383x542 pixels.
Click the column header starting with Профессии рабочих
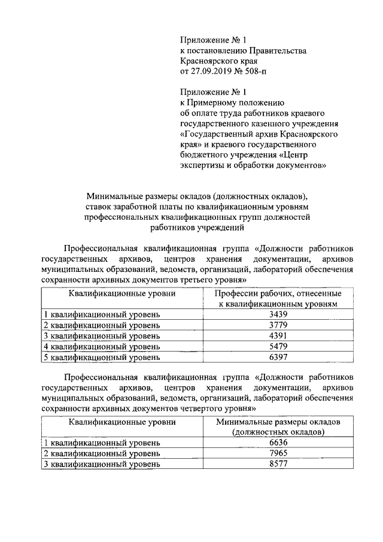coord(278,299)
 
